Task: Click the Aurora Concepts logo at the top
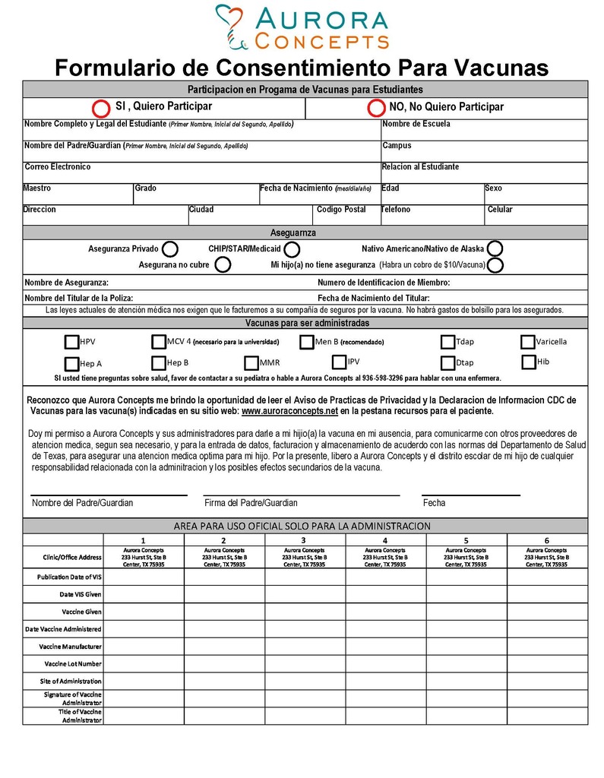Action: point(302,27)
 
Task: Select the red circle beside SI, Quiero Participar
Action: point(100,108)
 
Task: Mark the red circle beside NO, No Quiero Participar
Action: point(375,108)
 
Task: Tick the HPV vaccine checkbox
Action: point(71,343)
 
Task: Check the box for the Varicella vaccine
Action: point(528,342)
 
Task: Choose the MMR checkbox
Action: point(251,363)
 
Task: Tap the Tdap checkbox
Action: point(448,343)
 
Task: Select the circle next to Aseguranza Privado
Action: point(170,249)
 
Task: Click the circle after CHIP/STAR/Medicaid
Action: point(292,249)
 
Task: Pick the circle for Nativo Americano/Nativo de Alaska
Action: point(495,248)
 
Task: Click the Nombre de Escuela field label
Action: point(416,124)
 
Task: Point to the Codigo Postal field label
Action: point(341,210)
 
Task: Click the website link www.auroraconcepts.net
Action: point(289,411)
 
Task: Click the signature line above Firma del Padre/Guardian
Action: point(302,495)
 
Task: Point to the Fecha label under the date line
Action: point(434,503)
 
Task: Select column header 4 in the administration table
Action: point(385,540)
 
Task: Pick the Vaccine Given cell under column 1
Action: point(144,612)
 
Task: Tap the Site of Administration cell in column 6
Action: point(546,682)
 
